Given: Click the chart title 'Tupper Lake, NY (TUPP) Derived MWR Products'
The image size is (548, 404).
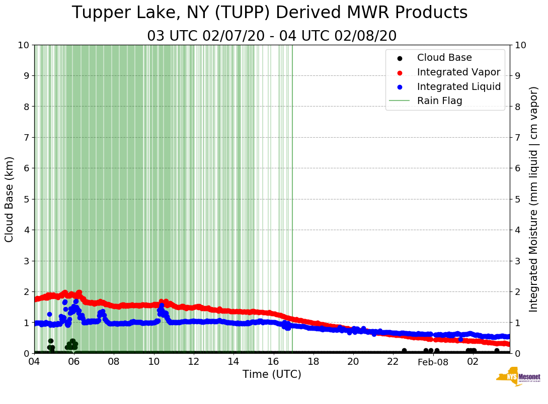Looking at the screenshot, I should pyautogui.click(x=270, y=13).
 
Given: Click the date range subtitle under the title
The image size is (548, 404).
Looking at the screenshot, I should pyautogui.click(x=272, y=36).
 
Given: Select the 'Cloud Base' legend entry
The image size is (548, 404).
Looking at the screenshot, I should pyautogui.click(x=444, y=58).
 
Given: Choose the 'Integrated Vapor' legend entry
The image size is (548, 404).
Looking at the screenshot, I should pyautogui.click(x=458, y=72).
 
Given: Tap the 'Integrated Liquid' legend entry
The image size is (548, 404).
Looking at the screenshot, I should pyautogui.click(x=458, y=86).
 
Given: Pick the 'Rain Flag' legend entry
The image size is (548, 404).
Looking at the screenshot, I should pyautogui.click(x=439, y=101).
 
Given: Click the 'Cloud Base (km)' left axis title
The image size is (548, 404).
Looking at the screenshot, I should pyautogui.click(x=10, y=199).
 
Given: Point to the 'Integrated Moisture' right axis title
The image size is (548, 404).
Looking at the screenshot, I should pyautogui.click(x=534, y=199).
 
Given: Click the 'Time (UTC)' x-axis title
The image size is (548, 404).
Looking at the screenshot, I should pyautogui.click(x=272, y=374).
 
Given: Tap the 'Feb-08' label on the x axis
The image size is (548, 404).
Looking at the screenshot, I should pyautogui.click(x=433, y=361).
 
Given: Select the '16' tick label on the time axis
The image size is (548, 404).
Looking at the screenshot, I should pyautogui.click(x=273, y=361).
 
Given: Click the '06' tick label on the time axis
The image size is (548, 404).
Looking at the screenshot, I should pyautogui.click(x=74, y=361).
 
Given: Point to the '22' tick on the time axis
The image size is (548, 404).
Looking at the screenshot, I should pyautogui.click(x=393, y=361).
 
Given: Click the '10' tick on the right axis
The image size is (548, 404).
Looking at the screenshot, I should pyautogui.click(x=521, y=45).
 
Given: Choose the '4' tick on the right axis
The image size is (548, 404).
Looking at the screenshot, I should pyautogui.click(x=518, y=230).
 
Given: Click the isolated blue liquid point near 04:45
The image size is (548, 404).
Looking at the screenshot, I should pyautogui.click(x=49, y=314).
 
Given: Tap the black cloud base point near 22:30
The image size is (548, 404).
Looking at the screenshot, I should pyautogui.click(x=404, y=351).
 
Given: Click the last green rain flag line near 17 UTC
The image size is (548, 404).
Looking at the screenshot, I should pyautogui.click(x=292, y=201).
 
